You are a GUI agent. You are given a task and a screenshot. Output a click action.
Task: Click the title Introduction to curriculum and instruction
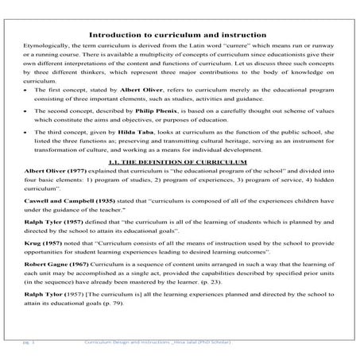pyautogui.click(x=180, y=34)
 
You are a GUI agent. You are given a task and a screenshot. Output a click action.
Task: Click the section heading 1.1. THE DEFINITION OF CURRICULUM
pyautogui.click(x=180, y=183)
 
